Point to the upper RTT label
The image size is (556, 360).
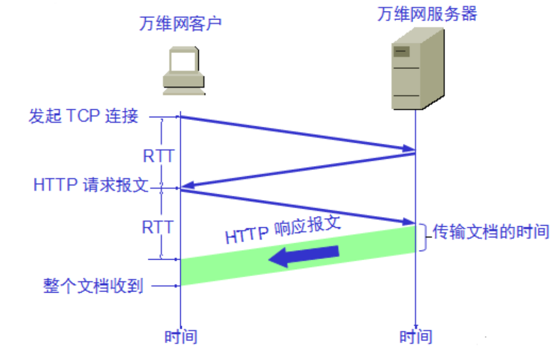coord(158,156)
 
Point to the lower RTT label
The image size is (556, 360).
coord(157,227)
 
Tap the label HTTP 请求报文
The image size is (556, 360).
coord(91,185)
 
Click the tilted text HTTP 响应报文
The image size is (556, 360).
coord(283,231)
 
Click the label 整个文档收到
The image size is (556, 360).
coord(93,286)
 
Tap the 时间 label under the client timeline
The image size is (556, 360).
coord(181,337)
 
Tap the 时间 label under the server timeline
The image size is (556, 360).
coord(416,337)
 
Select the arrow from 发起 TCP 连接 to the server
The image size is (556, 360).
coord(298,133)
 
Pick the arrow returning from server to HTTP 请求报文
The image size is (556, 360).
coord(298,170)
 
